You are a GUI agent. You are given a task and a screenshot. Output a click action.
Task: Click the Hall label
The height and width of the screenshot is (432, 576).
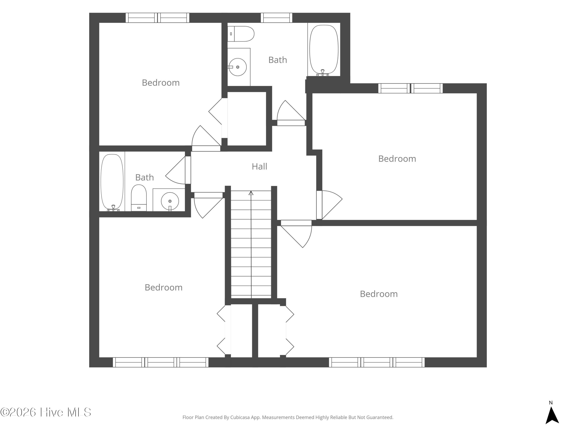tap(259, 166)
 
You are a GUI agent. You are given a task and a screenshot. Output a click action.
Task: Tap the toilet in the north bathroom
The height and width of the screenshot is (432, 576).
tap(241, 34)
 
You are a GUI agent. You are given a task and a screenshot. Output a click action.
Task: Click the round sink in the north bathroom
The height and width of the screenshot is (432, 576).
tap(238, 67)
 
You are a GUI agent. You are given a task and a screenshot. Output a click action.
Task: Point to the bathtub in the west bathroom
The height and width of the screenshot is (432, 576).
tap(112, 182)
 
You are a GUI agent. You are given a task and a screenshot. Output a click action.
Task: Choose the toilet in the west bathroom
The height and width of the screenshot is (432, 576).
tap(139, 198)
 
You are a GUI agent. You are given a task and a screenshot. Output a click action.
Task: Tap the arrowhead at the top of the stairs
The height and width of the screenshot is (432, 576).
tap(251, 193)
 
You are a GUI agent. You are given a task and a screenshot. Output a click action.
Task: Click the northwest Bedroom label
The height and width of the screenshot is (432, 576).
tap(161, 83)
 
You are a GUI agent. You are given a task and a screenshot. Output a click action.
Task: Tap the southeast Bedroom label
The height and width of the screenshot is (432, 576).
tap(379, 294)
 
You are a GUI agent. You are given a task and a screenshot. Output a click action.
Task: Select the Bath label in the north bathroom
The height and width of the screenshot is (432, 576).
tap(278, 60)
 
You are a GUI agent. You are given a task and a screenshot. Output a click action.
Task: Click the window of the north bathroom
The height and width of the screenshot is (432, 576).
tap(276, 18)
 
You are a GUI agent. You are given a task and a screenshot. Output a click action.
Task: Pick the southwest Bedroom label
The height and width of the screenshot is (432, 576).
tap(164, 287)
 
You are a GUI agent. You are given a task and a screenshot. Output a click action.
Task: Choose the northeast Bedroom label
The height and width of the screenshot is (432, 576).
tap(397, 159)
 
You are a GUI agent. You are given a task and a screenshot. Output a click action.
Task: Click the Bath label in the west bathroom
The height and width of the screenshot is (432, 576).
tap(145, 178)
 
